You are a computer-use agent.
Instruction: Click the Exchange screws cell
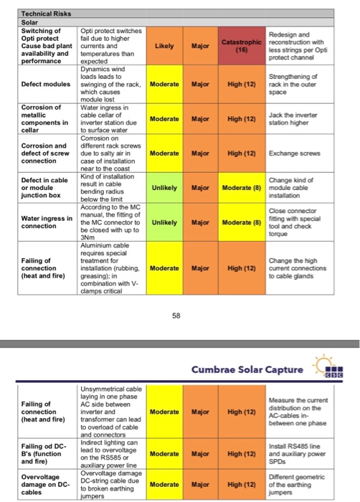coord(294,153)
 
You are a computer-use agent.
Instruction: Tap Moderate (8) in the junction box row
coord(235,189)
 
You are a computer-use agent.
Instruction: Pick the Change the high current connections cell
coord(295,268)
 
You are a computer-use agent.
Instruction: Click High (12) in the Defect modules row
coord(235,82)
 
